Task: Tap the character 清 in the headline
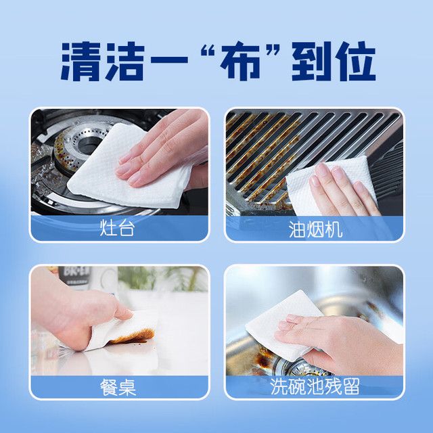[81, 61]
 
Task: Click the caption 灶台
[117, 228]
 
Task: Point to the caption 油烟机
[315, 229]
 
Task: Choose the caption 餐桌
[118, 387]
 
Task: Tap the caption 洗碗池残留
[315, 386]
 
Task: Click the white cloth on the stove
[127, 168]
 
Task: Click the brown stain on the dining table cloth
[133, 336]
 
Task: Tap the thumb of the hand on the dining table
[123, 310]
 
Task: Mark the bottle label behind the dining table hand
[74, 276]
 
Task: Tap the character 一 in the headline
[169, 60]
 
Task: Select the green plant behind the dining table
[168, 277]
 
